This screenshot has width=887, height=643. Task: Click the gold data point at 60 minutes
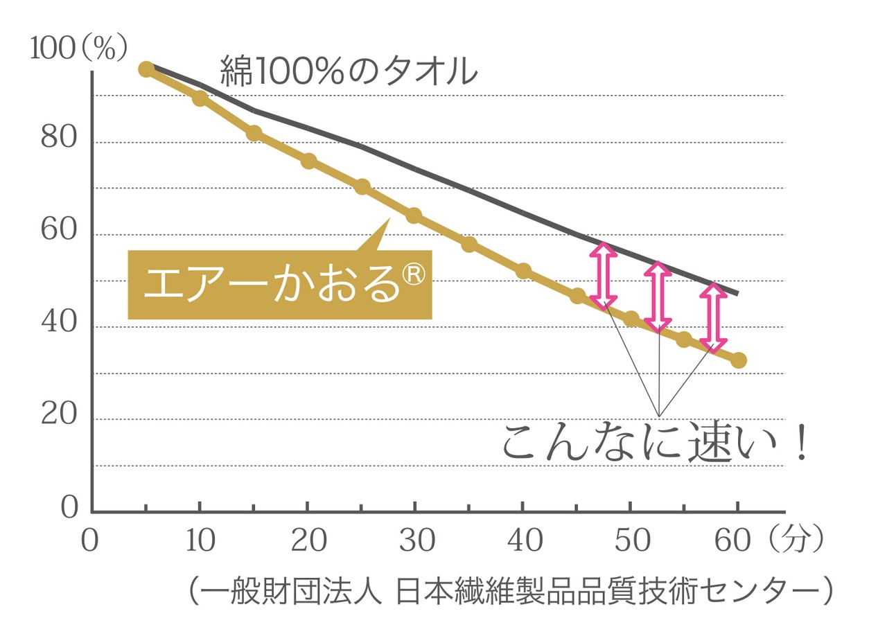click(738, 360)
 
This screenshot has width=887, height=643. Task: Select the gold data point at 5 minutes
click(146, 69)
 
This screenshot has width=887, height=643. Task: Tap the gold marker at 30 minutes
click(414, 215)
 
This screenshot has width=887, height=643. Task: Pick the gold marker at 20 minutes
click(308, 161)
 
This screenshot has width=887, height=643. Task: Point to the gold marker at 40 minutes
click(523, 271)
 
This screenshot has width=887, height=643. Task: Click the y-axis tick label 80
click(58, 138)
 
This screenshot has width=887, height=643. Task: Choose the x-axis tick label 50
click(633, 541)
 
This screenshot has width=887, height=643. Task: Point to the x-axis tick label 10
click(201, 541)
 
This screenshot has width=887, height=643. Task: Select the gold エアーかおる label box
click(280, 285)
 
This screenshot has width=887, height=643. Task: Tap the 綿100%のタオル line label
click(349, 71)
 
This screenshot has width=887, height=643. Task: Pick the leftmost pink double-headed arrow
click(604, 275)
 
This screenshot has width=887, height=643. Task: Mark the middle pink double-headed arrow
click(658, 297)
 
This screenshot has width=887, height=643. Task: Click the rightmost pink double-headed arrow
click(713, 317)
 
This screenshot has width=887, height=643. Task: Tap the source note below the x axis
click(509, 592)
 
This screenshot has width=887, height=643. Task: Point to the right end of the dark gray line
click(737, 294)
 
